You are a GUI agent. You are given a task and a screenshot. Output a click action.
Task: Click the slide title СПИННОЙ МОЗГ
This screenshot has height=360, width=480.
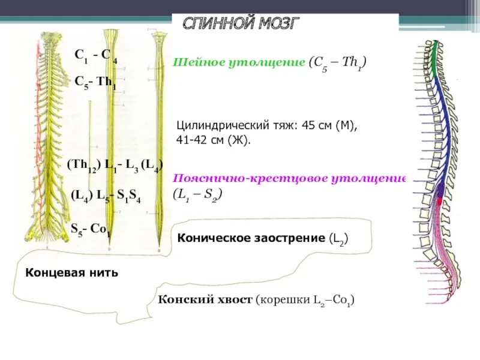[x=241, y=24]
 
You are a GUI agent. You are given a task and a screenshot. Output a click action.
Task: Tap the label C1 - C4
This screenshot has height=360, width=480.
[x=96, y=55]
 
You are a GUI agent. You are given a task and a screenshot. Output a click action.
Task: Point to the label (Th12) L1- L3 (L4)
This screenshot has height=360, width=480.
[x=115, y=166]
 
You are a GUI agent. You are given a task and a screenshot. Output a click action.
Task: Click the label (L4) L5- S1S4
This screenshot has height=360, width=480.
[x=106, y=196]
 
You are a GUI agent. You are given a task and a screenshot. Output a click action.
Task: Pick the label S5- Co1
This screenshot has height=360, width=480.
[x=91, y=229]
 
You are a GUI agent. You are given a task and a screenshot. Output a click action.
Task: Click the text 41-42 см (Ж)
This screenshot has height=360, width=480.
[x=214, y=140]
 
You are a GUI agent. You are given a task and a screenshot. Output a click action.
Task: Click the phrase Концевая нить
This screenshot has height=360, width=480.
[x=72, y=273]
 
